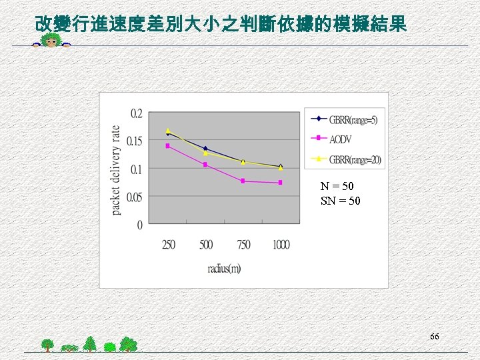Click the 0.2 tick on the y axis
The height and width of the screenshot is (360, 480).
point(135,113)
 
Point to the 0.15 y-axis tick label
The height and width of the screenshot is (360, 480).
point(134,141)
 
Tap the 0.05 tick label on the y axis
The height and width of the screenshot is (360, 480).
point(134,197)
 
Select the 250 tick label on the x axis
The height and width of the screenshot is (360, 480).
point(169,245)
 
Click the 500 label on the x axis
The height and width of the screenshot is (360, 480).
point(206,245)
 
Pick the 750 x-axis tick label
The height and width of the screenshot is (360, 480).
point(244,245)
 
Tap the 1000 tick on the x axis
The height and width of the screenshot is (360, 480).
point(281,245)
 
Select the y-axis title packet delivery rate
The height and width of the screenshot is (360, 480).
point(117,170)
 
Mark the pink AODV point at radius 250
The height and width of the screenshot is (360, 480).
point(168,146)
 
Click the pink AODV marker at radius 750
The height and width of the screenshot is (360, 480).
point(243,181)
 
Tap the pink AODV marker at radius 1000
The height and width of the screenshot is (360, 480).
point(281,183)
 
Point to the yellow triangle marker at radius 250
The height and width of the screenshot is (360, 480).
point(168,131)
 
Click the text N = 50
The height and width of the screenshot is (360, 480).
point(337,187)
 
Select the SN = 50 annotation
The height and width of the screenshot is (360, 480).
point(340,201)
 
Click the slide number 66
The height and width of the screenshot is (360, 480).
point(434,337)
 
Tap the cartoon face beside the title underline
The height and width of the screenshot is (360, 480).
point(51,43)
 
